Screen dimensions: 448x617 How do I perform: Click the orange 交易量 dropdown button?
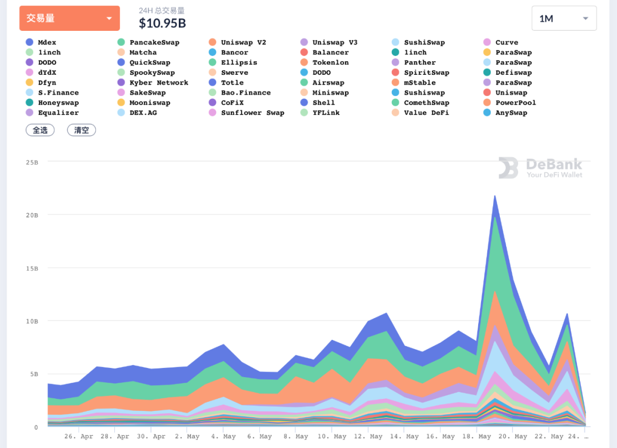[x=70, y=18]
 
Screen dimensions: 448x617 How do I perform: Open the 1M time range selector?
[x=564, y=18]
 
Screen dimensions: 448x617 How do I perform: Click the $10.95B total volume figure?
[x=162, y=23]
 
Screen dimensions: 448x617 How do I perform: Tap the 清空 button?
[x=82, y=130]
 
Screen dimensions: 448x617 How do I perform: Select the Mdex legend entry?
[x=47, y=42]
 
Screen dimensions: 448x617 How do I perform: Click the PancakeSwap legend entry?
[x=154, y=42]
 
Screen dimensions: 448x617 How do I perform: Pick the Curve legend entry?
[x=506, y=42]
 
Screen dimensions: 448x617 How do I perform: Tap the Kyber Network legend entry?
[x=158, y=83]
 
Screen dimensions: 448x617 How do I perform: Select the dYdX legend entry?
[x=47, y=73]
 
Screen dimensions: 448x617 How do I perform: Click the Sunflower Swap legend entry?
[x=252, y=113]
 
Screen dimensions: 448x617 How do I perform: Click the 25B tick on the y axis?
[x=32, y=162]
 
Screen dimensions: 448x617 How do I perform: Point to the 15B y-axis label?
[x=32, y=269]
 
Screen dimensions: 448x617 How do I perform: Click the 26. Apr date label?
[x=79, y=437]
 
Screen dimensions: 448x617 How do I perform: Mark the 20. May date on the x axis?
[x=513, y=437]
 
